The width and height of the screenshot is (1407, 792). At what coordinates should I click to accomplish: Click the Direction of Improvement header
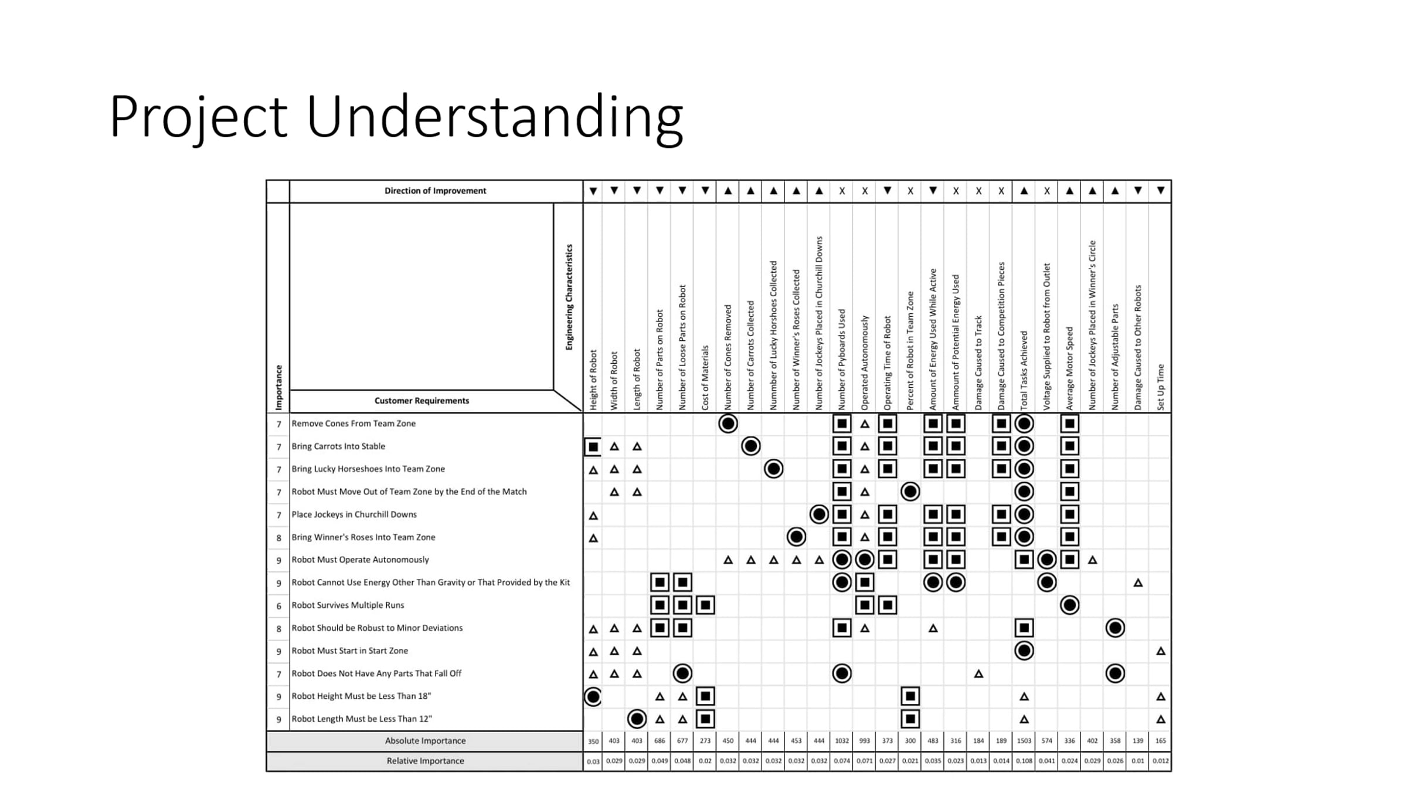tap(435, 191)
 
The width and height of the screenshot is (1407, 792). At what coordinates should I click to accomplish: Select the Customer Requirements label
tap(422, 401)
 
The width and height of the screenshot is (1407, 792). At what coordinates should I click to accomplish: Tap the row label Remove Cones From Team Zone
tap(354, 424)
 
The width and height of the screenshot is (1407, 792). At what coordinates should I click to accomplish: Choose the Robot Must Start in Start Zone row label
tap(349, 651)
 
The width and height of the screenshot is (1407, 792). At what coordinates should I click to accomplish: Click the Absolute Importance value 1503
tap(1024, 741)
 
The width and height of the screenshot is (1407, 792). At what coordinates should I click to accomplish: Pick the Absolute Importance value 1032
tap(842, 741)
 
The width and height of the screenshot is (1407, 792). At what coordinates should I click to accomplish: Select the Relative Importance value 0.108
tap(1024, 761)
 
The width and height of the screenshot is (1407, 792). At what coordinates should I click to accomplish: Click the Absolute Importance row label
tap(425, 741)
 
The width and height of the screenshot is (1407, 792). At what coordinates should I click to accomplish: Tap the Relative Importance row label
tap(425, 761)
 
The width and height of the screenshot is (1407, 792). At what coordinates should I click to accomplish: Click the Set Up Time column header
tap(1161, 387)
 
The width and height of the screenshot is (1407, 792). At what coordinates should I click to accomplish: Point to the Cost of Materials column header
tap(705, 378)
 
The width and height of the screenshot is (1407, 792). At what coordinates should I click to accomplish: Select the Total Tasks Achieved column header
tap(1024, 371)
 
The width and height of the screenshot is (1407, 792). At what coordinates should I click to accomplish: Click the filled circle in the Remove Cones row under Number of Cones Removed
tap(728, 424)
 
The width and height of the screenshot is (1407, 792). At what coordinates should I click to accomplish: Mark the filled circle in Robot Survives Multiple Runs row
tap(1069, 605)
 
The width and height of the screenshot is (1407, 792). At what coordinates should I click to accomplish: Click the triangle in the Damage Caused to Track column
tap(978, 673)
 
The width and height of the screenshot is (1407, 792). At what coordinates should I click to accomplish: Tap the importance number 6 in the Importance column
tap(278, 605)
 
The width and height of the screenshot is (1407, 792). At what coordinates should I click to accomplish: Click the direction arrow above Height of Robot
tap(593, 191)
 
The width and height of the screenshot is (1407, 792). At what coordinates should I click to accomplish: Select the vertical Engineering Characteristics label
tap(569, 297)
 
